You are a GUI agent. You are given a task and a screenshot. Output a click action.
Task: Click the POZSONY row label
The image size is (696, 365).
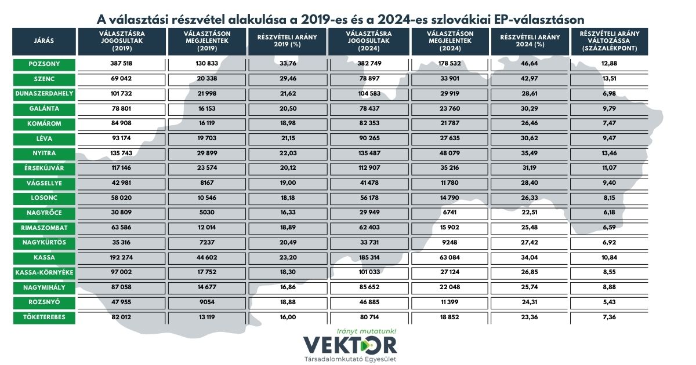click(x=44, y=64)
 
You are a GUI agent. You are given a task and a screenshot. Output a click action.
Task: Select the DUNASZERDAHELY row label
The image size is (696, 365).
click(x=44, y=93)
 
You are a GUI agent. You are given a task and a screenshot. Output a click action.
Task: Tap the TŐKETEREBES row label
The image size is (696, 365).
click(x=44, y=317)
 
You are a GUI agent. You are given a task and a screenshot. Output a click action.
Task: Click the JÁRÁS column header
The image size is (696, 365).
click(x=44, y=42)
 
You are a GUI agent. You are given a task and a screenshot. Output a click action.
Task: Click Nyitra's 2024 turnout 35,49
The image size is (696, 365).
click(x=530, y=153)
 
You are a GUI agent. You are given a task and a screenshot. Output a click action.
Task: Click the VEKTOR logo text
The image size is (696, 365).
click(x=350, y=345)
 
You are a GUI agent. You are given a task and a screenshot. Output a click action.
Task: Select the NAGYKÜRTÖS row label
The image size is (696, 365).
click(x=44, y=242)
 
